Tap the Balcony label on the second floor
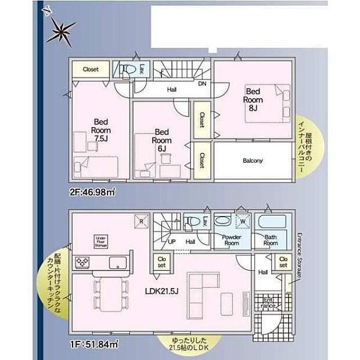(x=253, y=160)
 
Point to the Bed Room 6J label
(x=161, y=139)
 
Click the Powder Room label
(x=232, y=240)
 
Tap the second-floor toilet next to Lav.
(x=125, y=71)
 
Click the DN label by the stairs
(x=202, y=84)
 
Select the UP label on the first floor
(x=172, y=242)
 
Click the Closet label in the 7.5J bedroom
(x=91, y=69)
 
